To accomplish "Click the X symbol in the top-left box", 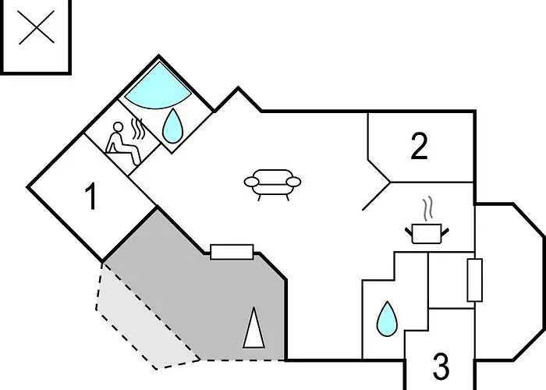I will coord(38,31).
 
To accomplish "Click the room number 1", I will coord(91,198).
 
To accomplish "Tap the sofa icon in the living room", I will coord(272,184).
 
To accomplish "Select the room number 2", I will coord(419,147).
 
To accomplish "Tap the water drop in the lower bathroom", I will coord(385,318).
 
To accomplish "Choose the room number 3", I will coord(441,366).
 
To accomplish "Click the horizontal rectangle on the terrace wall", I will coord(232,251).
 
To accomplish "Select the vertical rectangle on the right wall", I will coord(474,279).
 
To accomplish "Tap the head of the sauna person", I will coord(119,129).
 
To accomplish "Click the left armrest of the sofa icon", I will coord(252,183).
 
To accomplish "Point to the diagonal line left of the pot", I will coord(376,197).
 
